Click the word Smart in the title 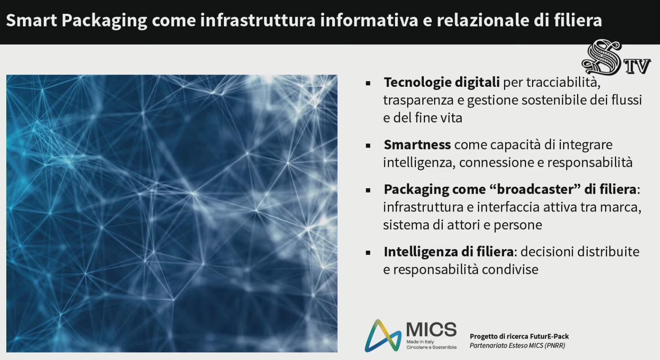(32, 20)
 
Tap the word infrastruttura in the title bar (258, 20)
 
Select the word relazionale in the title (483, 20)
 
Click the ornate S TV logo (616, 57)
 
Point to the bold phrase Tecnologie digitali (442, 82)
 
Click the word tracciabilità (563, 82)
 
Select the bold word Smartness (417, 145)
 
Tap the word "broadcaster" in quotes (535, 189)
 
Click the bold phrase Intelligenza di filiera (449, 252)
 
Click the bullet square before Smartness (368, 145)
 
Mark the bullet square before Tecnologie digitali (368, 83)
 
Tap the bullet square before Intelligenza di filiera (368, 253)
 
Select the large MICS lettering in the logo (431, 329)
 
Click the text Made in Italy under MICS (420, 342)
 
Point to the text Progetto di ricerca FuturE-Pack (519, 336)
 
